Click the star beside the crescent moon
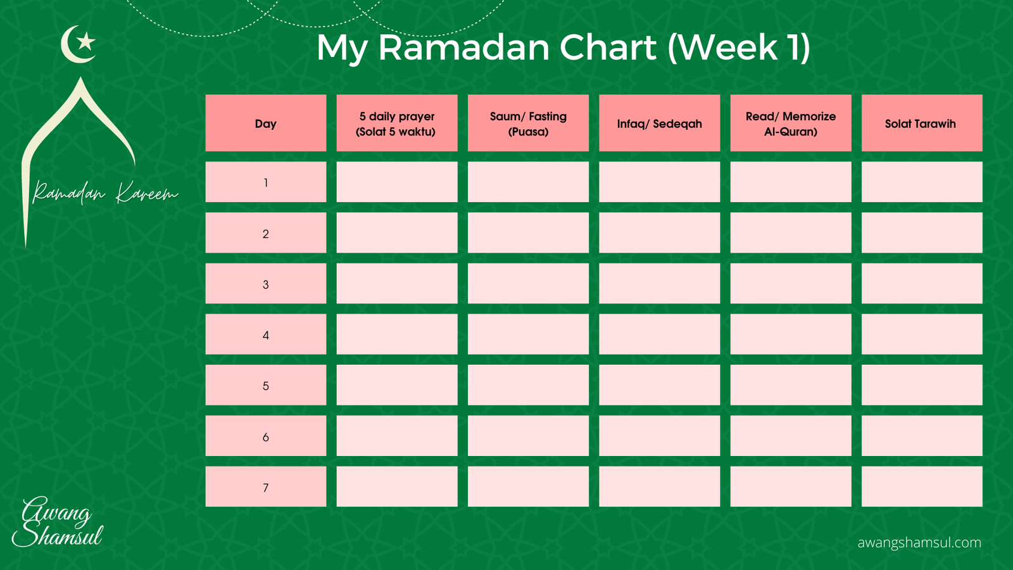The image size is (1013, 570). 86,42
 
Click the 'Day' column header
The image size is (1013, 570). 266,123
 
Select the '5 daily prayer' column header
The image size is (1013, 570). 397,123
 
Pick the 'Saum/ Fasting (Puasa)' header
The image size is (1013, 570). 528,123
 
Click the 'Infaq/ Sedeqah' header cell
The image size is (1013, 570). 659,123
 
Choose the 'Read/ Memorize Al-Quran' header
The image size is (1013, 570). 791,123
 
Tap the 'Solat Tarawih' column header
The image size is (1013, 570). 922,123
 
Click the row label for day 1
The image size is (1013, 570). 266,182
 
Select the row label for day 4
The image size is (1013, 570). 266,334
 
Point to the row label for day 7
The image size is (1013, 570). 266,487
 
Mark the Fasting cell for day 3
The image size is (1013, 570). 528,284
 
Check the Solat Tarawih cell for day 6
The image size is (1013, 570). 922,436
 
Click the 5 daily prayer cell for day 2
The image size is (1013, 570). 397,232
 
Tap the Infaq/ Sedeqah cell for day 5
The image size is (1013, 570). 659,385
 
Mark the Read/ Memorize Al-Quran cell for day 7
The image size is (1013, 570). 791,487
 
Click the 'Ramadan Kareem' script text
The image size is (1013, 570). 105,193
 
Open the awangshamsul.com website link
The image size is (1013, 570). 919,542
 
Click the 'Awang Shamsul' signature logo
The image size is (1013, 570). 58,522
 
